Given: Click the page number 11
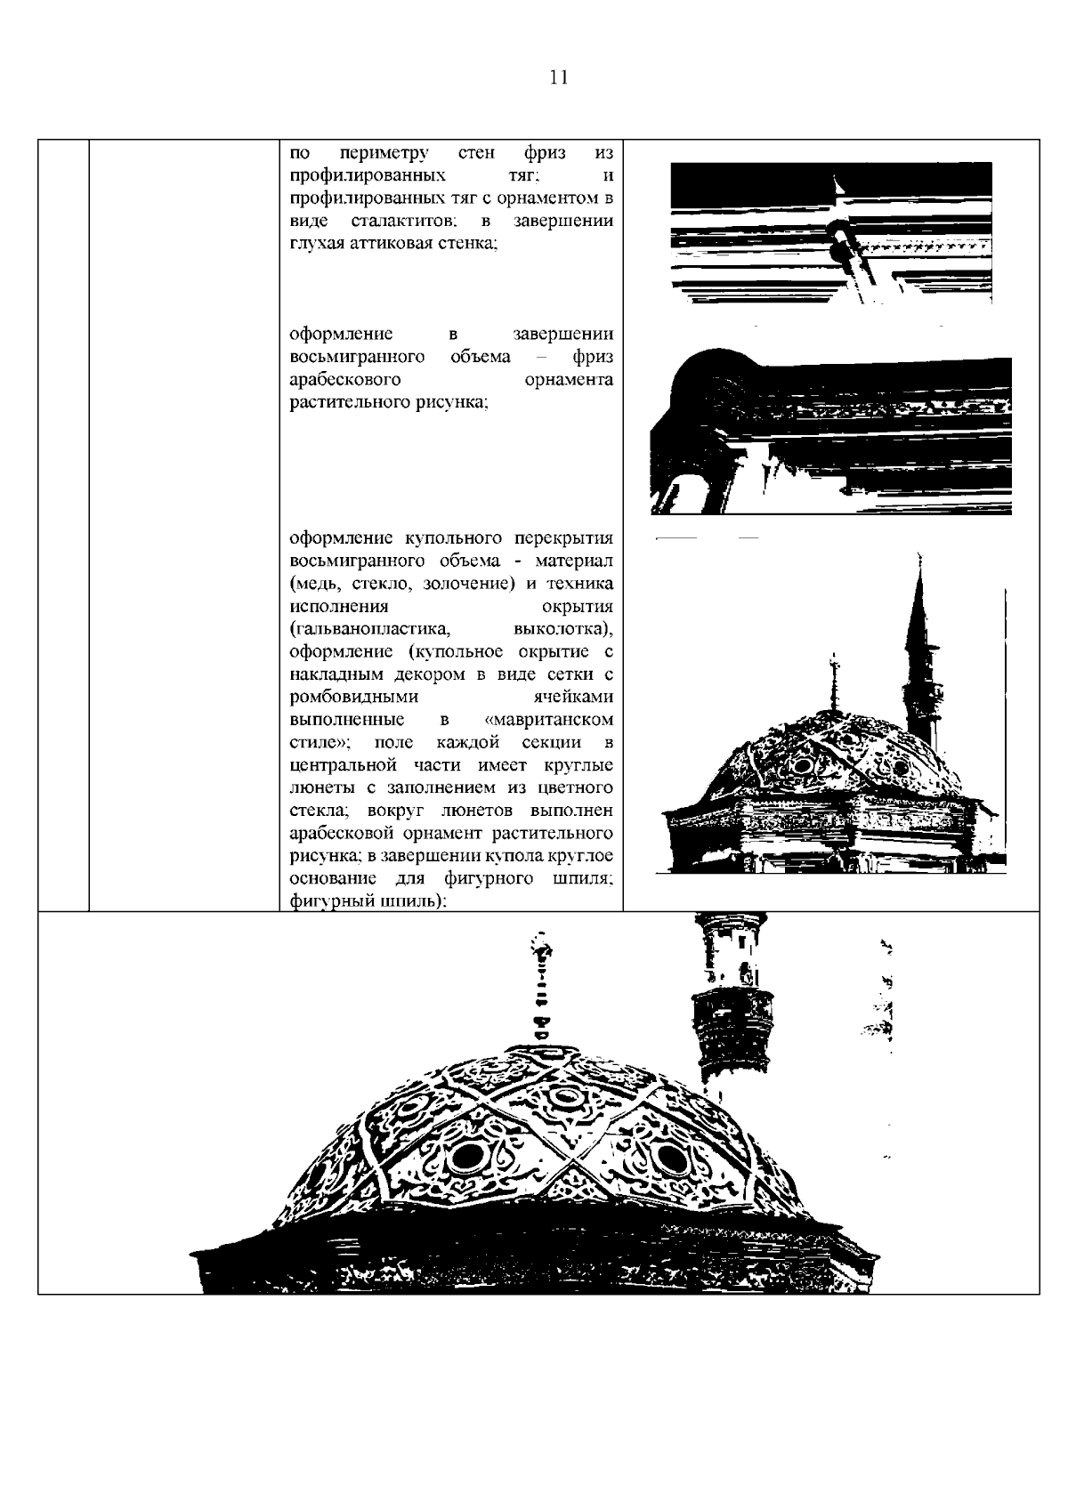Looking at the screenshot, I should coord(559,77).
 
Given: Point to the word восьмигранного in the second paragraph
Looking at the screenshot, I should coord(356,358).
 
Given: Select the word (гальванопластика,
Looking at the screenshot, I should coord(368,630).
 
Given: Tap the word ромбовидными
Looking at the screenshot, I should coord(354,698).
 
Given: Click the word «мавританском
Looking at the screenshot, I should coord(549,720).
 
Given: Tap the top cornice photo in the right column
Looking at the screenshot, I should coord(831,233).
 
